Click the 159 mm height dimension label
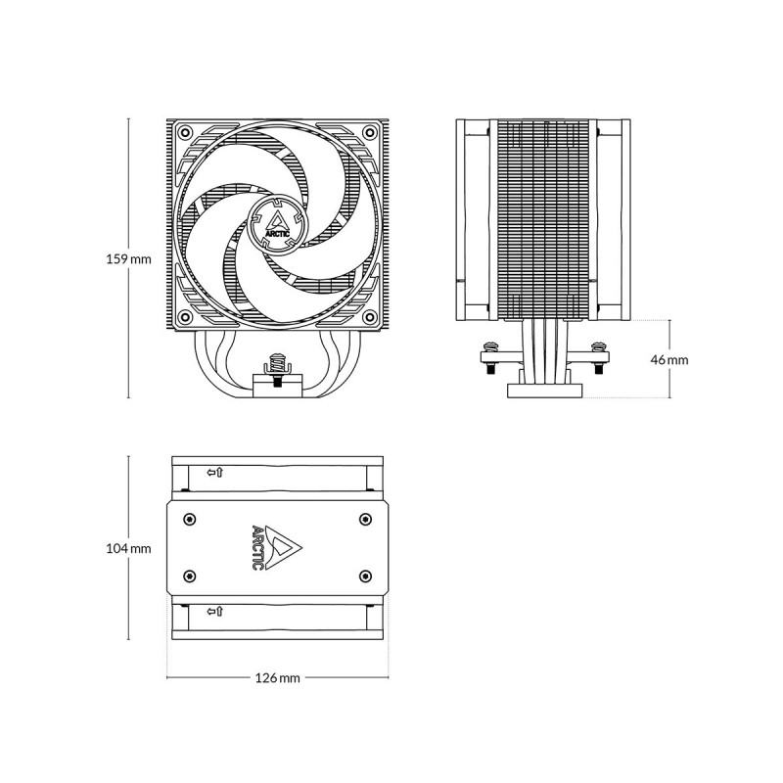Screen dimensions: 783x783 click(x=128, y=259)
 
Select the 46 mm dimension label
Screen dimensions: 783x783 click(x=669, y=359)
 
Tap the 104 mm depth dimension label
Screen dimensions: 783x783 click(x=128, y=548)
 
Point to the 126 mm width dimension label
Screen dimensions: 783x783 click(x=278, y=677)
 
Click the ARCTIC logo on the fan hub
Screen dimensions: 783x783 click(x=277, y=225)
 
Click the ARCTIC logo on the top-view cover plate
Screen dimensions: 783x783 click(x=277, y=548)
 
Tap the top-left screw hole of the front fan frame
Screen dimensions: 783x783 click(x=186, y=133)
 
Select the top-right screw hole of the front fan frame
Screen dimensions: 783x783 click(x=370, y=133)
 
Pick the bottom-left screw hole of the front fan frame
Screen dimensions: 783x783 click(x=186, y=316)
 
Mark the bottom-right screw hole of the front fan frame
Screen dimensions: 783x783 click(x=370, y=316)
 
